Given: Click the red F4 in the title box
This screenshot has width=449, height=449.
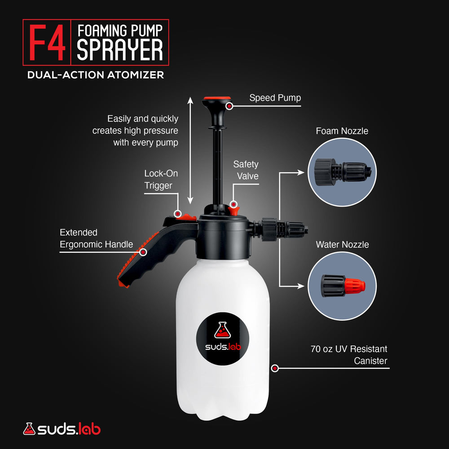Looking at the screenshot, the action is click(x=47, y=42).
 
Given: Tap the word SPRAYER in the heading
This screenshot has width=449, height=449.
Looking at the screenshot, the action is click(x=120, y=50).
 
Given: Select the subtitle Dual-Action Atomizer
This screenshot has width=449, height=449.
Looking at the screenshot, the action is click(x=96, y=75).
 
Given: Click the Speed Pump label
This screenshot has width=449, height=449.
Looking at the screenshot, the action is click(x=275, y=98).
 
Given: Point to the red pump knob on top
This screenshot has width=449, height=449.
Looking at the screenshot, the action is click(x=217, y=98).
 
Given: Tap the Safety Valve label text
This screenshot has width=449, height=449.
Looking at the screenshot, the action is click(x=246, y=170).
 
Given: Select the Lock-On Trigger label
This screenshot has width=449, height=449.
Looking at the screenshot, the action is click(x=161, y=179).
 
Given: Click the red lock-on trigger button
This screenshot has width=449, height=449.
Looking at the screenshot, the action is click(x=187, y=217).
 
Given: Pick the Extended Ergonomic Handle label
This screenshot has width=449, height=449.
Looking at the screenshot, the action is click(x=96, y=238).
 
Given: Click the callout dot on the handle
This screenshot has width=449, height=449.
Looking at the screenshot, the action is click(x=143, y=252).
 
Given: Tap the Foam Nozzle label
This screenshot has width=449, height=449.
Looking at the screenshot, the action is click(x=342, y=131).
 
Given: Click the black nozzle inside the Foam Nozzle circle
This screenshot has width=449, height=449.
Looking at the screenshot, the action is click(x=343, y=172).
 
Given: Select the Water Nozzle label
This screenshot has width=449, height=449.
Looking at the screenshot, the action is click(x=342, y=245).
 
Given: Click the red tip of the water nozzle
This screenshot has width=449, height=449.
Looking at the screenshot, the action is click(x=355, y=286).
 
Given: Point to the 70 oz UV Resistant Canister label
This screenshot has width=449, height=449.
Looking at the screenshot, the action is click(x=349, y=355).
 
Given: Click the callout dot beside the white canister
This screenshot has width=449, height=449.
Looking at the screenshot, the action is click(x=275, y=368).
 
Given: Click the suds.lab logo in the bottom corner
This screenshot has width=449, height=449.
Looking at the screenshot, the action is click(x=62, y=429).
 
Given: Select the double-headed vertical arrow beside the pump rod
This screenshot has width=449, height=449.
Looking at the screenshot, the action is click(x=190, y=150).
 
